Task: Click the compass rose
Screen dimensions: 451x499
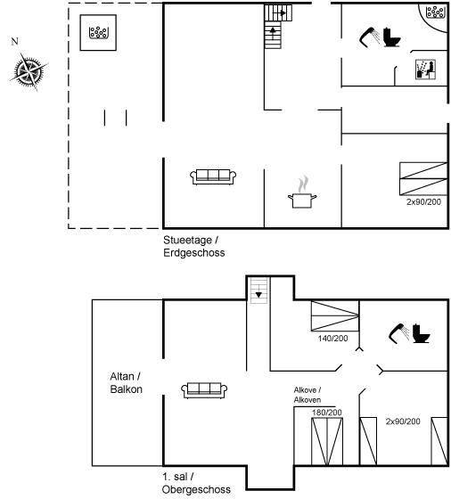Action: click(x=29, y=71)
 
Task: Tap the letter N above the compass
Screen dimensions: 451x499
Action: click(x=14, y=41)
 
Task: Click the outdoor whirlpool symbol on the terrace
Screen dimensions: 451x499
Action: click(x=99, y=32)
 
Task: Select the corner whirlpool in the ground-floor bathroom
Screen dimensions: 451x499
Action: click(x=435, y=12)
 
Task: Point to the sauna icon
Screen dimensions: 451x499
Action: click(x=425, y=70)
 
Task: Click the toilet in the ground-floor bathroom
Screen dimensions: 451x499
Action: click(x=392, y=37)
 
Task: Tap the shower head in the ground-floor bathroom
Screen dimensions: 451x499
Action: click(x=369, y=37)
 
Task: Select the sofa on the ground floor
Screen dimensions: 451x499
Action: click(x=213, y=176)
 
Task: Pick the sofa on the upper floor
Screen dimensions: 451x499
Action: click(x=204, y=390)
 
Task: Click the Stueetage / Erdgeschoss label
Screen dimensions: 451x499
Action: click(x=193, y=246)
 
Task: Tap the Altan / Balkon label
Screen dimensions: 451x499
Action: click(x=126, y=383)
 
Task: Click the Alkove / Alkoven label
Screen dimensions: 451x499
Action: click(x=307, y=395)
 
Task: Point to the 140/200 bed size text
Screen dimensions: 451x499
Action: click(x=333, y=339)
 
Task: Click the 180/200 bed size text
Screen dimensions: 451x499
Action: click(x=327, y=413)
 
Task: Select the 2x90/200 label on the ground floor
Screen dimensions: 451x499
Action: click(x=423, y=201)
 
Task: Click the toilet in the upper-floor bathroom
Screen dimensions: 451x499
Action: click(x=421, y=333)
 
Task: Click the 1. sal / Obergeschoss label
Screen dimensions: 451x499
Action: click(x=196, y=483)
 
